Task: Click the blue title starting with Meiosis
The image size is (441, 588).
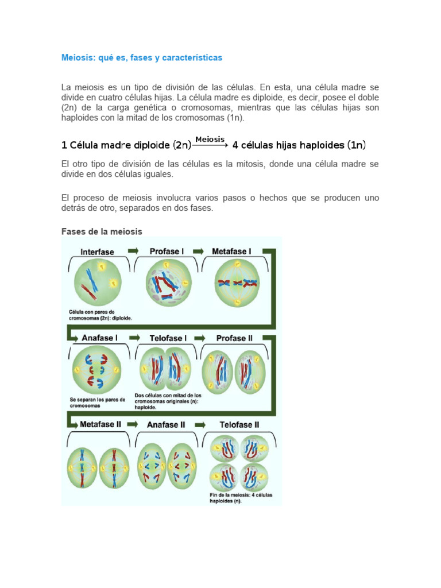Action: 141,58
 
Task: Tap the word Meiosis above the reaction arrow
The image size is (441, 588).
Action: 210,139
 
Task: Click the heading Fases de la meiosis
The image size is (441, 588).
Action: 102,231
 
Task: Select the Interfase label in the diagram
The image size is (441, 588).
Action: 97,252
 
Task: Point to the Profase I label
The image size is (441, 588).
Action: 167,251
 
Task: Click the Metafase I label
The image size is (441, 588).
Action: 231,251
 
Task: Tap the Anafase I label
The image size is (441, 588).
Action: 99,338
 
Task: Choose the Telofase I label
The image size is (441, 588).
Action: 168,338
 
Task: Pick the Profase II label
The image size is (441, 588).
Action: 234,338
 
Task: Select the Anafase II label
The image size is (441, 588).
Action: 166,425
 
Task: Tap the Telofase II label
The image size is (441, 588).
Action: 239,425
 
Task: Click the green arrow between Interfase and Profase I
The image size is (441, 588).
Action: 133,251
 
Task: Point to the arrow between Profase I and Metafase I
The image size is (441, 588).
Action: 199,251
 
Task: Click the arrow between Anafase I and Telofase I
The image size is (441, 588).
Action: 134,338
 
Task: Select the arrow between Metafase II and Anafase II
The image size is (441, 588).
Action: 133,425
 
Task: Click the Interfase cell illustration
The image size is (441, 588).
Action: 97,282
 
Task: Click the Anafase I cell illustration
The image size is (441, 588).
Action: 96,369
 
